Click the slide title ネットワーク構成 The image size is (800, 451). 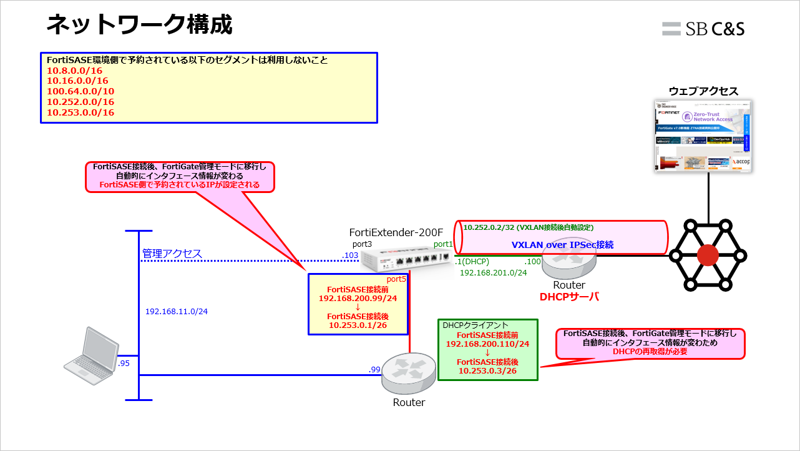pyautogui.click(x=139, y=25)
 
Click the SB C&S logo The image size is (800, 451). pyautogui.click(x=703, y=29)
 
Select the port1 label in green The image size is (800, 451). pyautogui.click(x=443, y=244)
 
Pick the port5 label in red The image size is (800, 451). pyautogui.click(x=397, y=279)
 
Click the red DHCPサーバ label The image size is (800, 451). pyautogui.click(x=569, y=297)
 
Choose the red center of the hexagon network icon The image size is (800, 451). pyautogui.click(x=708, y=255)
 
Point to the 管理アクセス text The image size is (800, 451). pyautogui.click(x=172, y=254)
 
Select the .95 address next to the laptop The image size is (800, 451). pyautogui.click(x=124, y=363)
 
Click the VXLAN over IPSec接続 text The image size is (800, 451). pyautogui.click(x=562, y=245)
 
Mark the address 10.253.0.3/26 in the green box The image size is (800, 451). pyautogui.click(x=487, y=371)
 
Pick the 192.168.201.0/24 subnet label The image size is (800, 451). pyautogui.click(x=493, y=272)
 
